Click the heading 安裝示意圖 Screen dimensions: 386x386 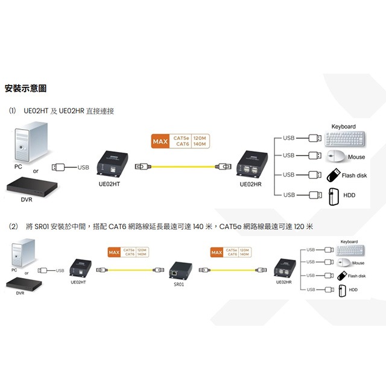tap(25, 89)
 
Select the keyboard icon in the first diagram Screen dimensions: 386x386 tap(345, 139)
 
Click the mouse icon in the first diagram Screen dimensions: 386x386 tap(337, 157)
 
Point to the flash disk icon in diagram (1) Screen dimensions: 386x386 tap(334, 176)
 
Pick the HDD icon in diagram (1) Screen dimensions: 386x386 tap(334, 195)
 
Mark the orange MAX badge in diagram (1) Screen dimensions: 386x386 tap(160, 142)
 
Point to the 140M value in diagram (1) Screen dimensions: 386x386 tap(200, 145)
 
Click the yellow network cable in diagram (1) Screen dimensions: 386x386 tap(181, 166)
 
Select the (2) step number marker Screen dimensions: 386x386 tap(13, 227)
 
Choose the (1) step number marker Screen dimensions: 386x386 tap(13, 111)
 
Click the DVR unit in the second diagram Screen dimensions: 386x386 tap(22, 285)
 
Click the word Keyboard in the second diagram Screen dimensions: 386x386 tap(349, 242)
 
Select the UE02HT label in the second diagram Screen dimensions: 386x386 tap(78, 282)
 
